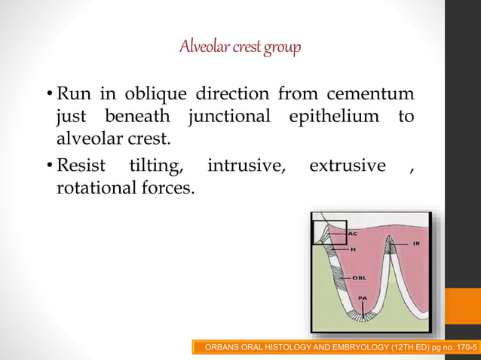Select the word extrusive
pyautogui.click(x=347, y=166)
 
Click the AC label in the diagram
pyautogui.click(x=352, y=234)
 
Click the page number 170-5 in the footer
pyautogui.click(x=462, y=346)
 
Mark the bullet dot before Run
pyautogui.click(x=50, y=96)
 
